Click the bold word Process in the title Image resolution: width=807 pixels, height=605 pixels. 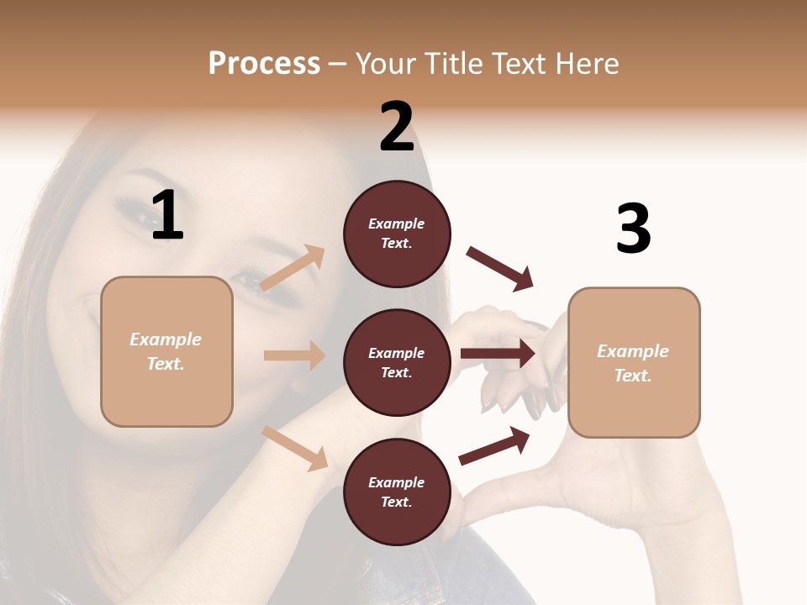[x=264, y=63]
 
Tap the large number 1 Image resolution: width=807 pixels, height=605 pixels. [x=167, y=216]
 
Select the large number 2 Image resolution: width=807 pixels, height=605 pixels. [x=397, y=127]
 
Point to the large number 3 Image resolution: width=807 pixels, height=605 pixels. [x=633, y=229]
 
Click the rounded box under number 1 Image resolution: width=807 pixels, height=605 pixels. [x=166, y=351]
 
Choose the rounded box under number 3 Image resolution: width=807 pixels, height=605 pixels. [x=634, y=363]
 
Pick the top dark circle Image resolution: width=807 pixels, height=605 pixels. [x=397, y=234]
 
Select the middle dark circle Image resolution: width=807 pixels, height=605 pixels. [x=397, y=363]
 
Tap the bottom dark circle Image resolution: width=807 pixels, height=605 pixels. [x=397, y=492]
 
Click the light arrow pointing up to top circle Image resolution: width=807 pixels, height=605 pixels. [x=293, y=268]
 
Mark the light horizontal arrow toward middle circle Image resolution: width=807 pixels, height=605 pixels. [x=294, y=355]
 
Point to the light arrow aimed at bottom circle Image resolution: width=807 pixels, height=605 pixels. [x=294, y=448]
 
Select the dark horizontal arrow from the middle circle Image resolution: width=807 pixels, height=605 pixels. [x=498, y=354]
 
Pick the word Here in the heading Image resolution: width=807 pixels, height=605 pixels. [x=588, y=63]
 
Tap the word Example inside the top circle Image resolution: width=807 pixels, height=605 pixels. [x=397, y=224]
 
